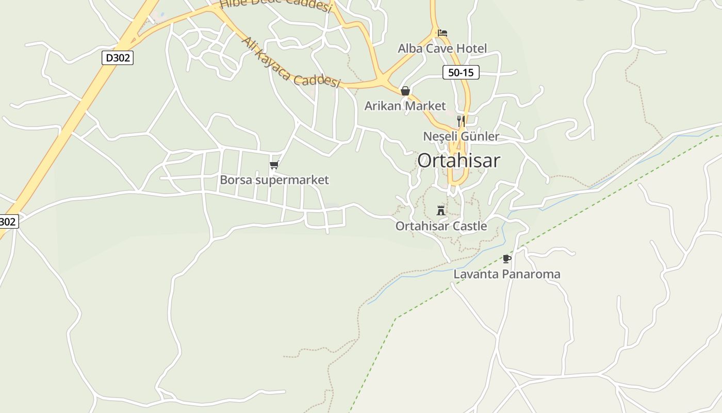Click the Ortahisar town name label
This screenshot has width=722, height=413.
coord(458,161)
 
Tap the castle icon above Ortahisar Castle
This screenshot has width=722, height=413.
coord(441,210)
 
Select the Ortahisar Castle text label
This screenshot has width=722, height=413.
coord(441,226)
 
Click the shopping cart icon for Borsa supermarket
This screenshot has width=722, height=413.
coord(274,165)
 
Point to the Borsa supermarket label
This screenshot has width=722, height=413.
coord(274,180)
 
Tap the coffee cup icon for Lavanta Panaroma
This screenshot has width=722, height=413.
coord(507,259)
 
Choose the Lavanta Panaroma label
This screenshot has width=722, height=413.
coord(506,274)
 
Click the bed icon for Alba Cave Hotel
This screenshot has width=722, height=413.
coord(442,33)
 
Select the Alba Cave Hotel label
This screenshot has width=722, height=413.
coord(442,49)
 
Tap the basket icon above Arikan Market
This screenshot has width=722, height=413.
coord(405,91)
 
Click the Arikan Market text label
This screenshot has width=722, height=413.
coord(405,106)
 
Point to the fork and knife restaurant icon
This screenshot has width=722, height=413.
coord(461,121)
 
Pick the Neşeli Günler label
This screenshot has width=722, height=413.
coord(461,136)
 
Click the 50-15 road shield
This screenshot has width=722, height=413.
coord(461,73)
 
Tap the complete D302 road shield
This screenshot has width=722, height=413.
coord(118,58)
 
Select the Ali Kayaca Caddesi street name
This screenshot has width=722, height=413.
coord(291,62)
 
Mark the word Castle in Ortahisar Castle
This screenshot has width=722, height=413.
coord(469,226)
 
